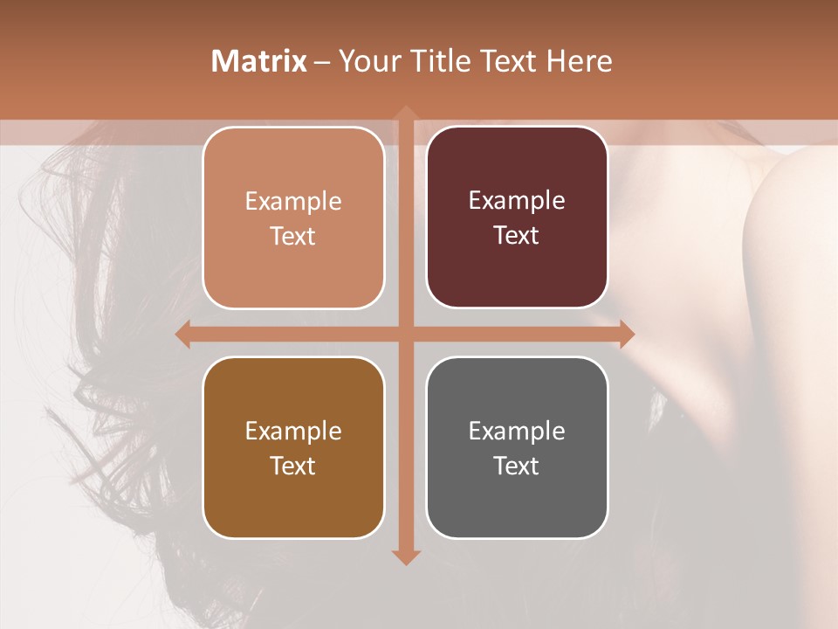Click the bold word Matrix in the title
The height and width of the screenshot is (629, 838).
pyautogui.click(x=259, y=60)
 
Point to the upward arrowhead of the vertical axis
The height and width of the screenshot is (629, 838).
pyautogui.click(x=405, y=113)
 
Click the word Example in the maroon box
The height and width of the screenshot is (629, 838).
pyautogui.click(x=517, y=200)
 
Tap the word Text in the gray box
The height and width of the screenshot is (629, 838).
pyautogui.click(x=517, y=466)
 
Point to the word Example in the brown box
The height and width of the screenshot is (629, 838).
pyautogui.click(x=293, y=431)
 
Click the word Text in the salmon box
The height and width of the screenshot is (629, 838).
pyautogui.click(x=293, y=236)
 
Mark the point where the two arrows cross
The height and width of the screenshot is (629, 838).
pyautogui.click(x=405, y=334)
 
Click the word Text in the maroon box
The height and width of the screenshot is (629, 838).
pyautogui.click(x=517, y=235)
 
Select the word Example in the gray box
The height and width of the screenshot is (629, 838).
pyautogui.click(x=517, y=431)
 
